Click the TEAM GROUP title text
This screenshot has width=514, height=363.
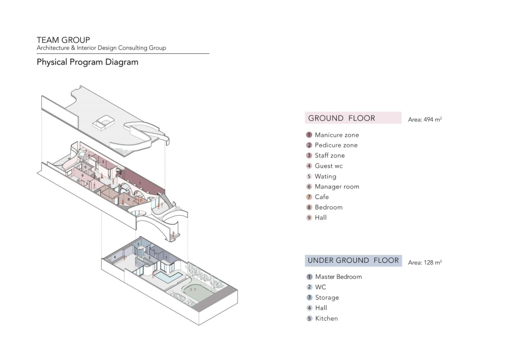tap(63, 40)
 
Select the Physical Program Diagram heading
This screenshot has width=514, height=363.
tap(88, 62)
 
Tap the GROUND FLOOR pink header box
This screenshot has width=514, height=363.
tap(353, 118)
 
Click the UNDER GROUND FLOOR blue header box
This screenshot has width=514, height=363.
tap(353, 260)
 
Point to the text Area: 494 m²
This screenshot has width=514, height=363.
tap(425, 120)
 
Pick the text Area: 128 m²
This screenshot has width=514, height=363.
tap(425, 262)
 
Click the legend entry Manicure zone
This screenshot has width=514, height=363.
tap(336, 135)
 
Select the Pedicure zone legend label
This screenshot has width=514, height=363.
tap(336, 145)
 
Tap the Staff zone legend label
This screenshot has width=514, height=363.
tap(329, 155)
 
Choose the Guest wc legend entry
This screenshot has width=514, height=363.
tap(328, 166)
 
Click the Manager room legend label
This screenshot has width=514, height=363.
tap(336, 187)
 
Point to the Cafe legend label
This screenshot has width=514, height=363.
tap(322, 197)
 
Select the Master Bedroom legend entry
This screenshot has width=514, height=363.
tap(338, 277)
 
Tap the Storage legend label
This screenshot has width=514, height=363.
tap(327, 297)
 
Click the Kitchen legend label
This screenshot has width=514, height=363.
tap(326, 318)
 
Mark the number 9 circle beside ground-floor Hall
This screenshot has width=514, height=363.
tap(309, 218)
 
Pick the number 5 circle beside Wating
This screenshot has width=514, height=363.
tap(309, 176)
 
